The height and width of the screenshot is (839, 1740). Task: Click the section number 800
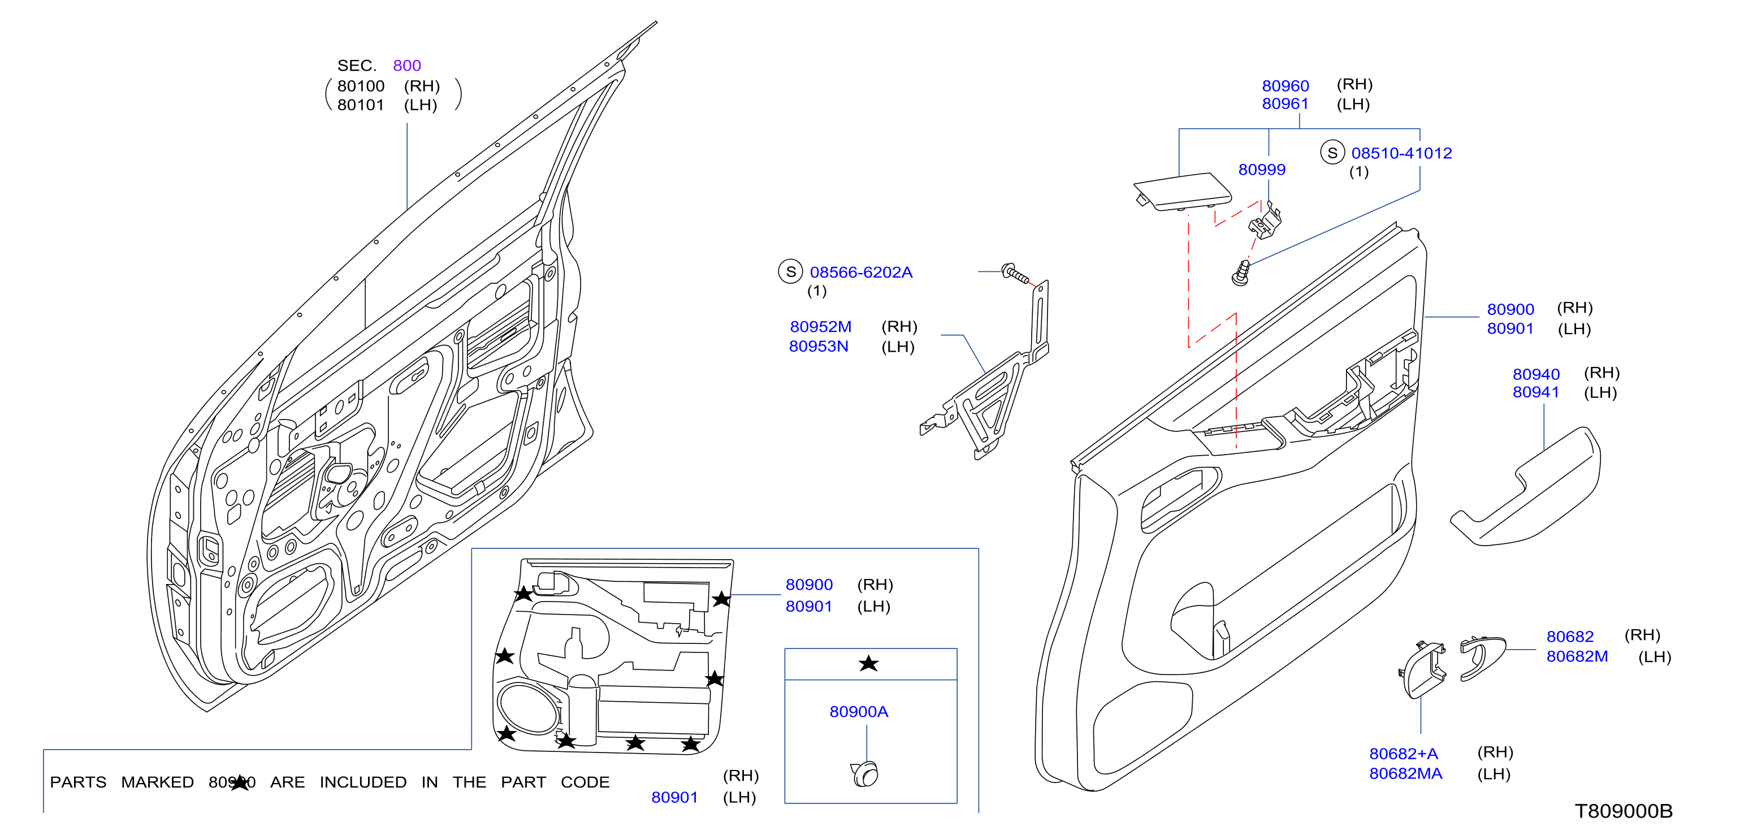(x=406, y=66)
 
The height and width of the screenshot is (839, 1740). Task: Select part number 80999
(x=1261, y=170)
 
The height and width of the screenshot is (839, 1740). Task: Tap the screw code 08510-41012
(x=1401, y=153)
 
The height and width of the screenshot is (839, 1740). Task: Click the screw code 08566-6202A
(x=860, y=273)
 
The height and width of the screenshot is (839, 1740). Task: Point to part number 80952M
(x=820, y=327)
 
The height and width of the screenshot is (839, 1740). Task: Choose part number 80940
(x=1535, y=374)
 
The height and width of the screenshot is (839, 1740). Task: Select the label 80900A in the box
(x=859, y=711)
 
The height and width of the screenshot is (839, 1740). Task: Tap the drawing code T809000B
(x=1623, y=811)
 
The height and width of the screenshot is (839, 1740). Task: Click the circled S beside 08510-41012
(x=1332, y=153)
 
